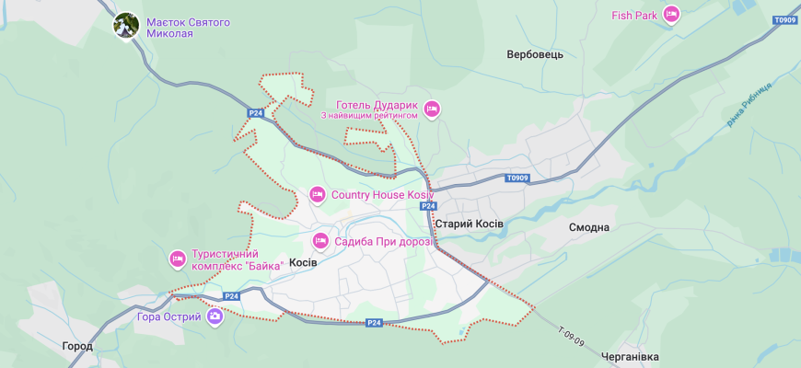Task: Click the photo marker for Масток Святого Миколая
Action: [x=126, y=26]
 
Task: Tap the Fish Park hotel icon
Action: [x=671, y=15]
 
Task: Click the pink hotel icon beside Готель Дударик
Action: [x=431, y=109]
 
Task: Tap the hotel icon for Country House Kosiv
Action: [x=318, y=194]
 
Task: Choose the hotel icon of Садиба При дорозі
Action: [x=320, y=241]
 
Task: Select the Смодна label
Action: [x=589, y=227]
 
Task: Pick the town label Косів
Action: [x=303, y=263]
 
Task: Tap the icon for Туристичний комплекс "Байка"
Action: [x=178, y=259]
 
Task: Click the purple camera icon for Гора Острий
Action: [x=215, y=317]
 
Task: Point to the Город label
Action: [x=77, y=347]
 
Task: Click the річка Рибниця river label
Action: [x=749, y=104]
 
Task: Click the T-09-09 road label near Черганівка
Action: [x=571, y=337]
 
